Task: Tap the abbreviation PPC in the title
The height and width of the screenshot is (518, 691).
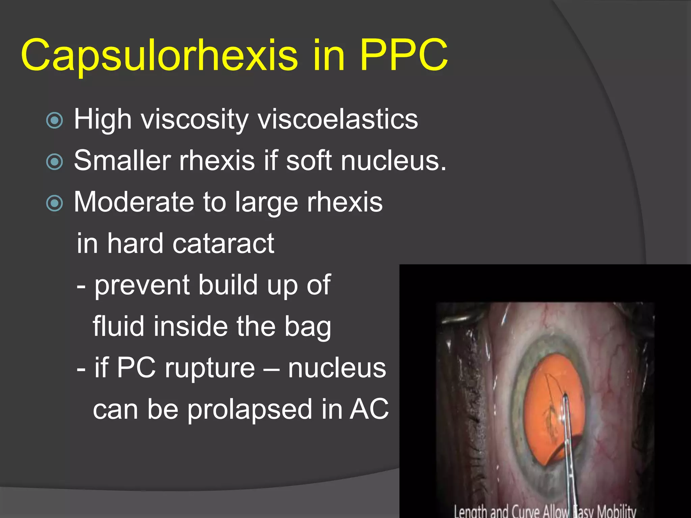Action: pos(404,55)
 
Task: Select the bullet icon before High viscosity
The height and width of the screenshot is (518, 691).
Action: pos(54,120)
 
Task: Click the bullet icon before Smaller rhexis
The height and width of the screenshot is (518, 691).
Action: pos(54,162)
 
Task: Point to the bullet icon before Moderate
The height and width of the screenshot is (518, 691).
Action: pos(54,203)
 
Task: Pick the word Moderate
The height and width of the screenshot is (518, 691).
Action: pos(134,202)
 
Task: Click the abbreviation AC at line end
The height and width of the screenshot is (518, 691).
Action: pos(369,409)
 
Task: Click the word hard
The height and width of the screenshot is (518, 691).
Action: pos(135,243)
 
